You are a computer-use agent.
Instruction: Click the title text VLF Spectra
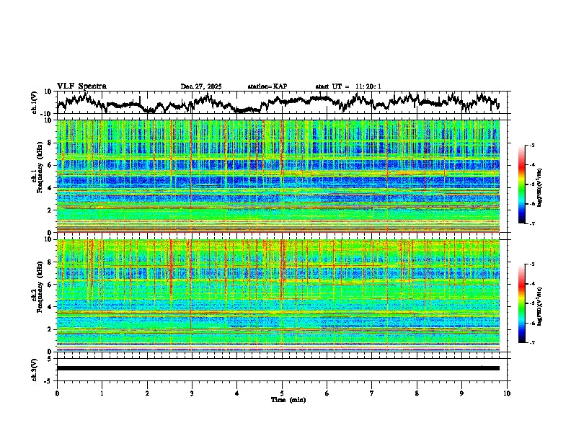(81, 86)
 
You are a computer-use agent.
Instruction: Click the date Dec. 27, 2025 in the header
(201, 86)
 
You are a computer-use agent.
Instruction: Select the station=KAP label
(267, 86)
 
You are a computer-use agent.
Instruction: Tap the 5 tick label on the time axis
(282, 393)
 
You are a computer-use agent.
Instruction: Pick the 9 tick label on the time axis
(462, 393)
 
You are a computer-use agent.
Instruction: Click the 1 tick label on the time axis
(102, 393)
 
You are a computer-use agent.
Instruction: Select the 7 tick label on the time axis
(372, 393)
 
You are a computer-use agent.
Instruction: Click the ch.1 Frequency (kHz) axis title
(39, 176)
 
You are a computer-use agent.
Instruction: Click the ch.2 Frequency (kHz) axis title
(39, 295)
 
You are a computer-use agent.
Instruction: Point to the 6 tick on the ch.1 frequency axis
(49, 165)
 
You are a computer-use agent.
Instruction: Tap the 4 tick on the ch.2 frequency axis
(49, 307)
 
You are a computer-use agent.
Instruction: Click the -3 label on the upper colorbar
(531, 146)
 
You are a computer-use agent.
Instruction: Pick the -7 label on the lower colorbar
(531, 343)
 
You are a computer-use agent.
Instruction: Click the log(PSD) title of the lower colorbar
(540, 303)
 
